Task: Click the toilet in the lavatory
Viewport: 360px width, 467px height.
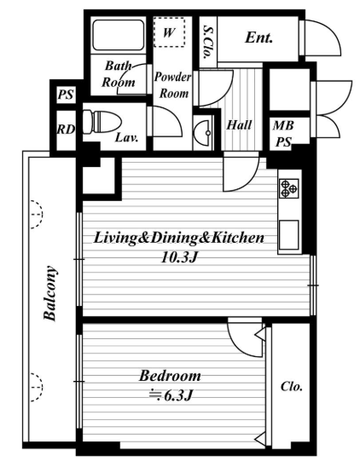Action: [102, 122]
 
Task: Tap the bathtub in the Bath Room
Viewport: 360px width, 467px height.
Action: [118, 35]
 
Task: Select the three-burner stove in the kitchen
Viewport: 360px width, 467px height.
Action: [288, 188]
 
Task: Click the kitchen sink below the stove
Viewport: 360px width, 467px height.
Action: [288, 234]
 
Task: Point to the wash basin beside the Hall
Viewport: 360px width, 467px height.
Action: [203, 131]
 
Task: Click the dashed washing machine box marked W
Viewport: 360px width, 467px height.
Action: [169, 32]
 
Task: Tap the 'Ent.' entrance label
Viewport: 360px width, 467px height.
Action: [258, 37]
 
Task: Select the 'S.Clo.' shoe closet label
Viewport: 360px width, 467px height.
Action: [207, 42]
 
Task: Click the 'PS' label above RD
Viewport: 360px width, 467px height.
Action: [66, 95]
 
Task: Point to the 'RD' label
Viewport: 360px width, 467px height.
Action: [66, 130]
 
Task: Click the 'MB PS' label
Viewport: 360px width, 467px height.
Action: [283, 134]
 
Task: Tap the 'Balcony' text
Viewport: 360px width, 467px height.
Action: [49, 293]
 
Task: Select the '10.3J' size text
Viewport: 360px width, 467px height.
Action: [179, 257]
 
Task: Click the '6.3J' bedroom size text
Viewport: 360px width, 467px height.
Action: [171, 395]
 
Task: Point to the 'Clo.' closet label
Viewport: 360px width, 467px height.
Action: [292, 387]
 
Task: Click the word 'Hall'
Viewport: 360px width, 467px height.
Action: [239, 124]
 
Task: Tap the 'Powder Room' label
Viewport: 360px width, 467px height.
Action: [172, 85]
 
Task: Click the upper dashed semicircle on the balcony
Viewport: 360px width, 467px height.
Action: [37, 215]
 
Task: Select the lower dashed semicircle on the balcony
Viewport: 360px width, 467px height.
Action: [37, 388]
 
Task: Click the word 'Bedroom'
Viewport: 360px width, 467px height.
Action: [170, 376]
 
